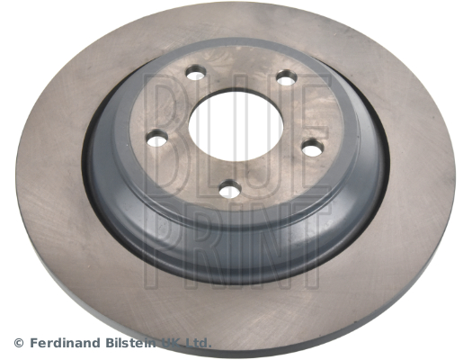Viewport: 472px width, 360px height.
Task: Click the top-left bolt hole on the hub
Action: point(196,73)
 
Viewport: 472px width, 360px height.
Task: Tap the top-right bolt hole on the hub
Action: point(287,77)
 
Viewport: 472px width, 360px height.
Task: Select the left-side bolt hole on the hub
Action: point(156,139)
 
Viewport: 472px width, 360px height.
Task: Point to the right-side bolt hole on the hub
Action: point(313,148)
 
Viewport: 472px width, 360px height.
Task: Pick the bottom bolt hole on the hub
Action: point(230,189)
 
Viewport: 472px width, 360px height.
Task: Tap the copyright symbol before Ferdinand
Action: point(19,343)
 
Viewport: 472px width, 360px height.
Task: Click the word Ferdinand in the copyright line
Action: point(65,343)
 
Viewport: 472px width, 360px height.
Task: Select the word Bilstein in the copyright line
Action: point(131,343)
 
